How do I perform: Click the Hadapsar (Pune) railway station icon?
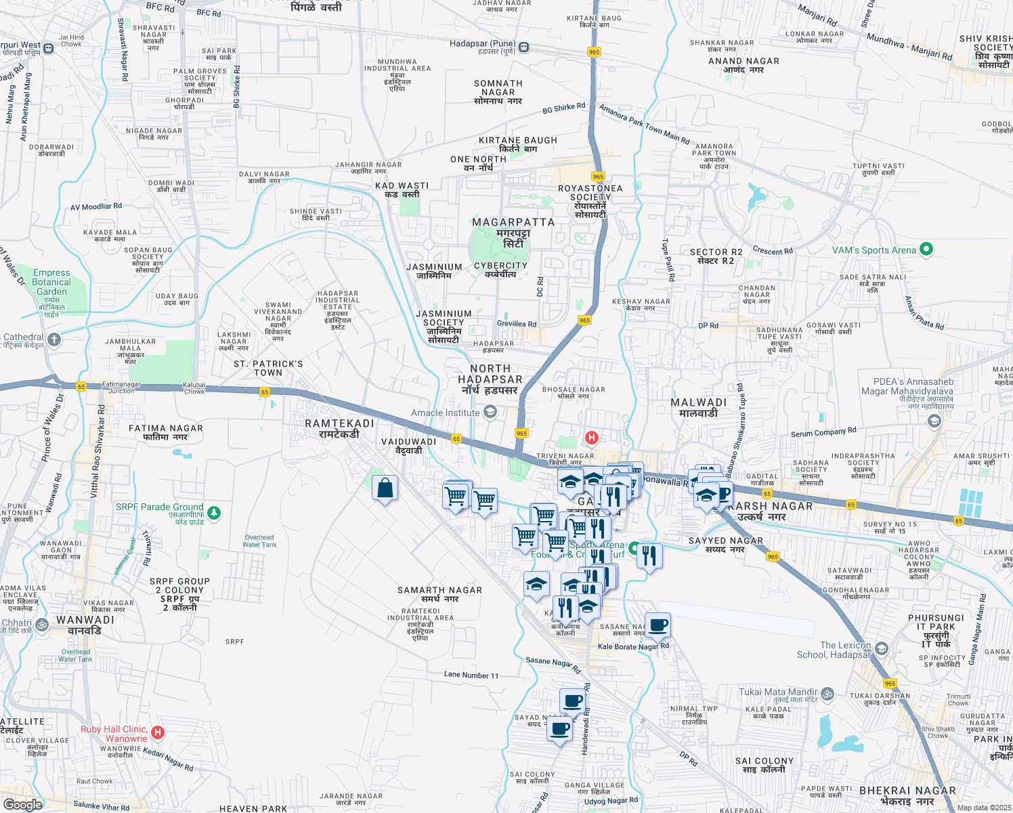(525, 47)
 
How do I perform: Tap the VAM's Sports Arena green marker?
(926, 249)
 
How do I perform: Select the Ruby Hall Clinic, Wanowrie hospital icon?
(158, 732)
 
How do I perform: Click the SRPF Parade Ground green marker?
(214, 513)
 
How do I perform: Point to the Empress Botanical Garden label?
(51, 282)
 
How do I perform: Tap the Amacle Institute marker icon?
(490, 412)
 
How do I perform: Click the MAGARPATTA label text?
(513, 222)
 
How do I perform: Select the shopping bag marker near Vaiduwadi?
(385, 488)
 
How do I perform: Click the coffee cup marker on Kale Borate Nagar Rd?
(658, 625)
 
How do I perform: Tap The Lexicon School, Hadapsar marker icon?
(881, 648)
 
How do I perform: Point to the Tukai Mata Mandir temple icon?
(827, 694)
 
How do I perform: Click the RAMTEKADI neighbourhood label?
(339, 423)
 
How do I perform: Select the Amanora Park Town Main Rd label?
(644, 124)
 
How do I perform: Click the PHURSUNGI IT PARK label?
(936, 623)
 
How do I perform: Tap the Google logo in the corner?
(22, 804)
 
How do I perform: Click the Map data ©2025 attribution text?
(984, 807)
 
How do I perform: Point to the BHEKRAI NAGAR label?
(907, 791)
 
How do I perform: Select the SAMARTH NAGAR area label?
(439, 590)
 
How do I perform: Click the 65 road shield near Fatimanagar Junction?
(81, 387)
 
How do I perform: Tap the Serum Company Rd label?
(823, 432)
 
